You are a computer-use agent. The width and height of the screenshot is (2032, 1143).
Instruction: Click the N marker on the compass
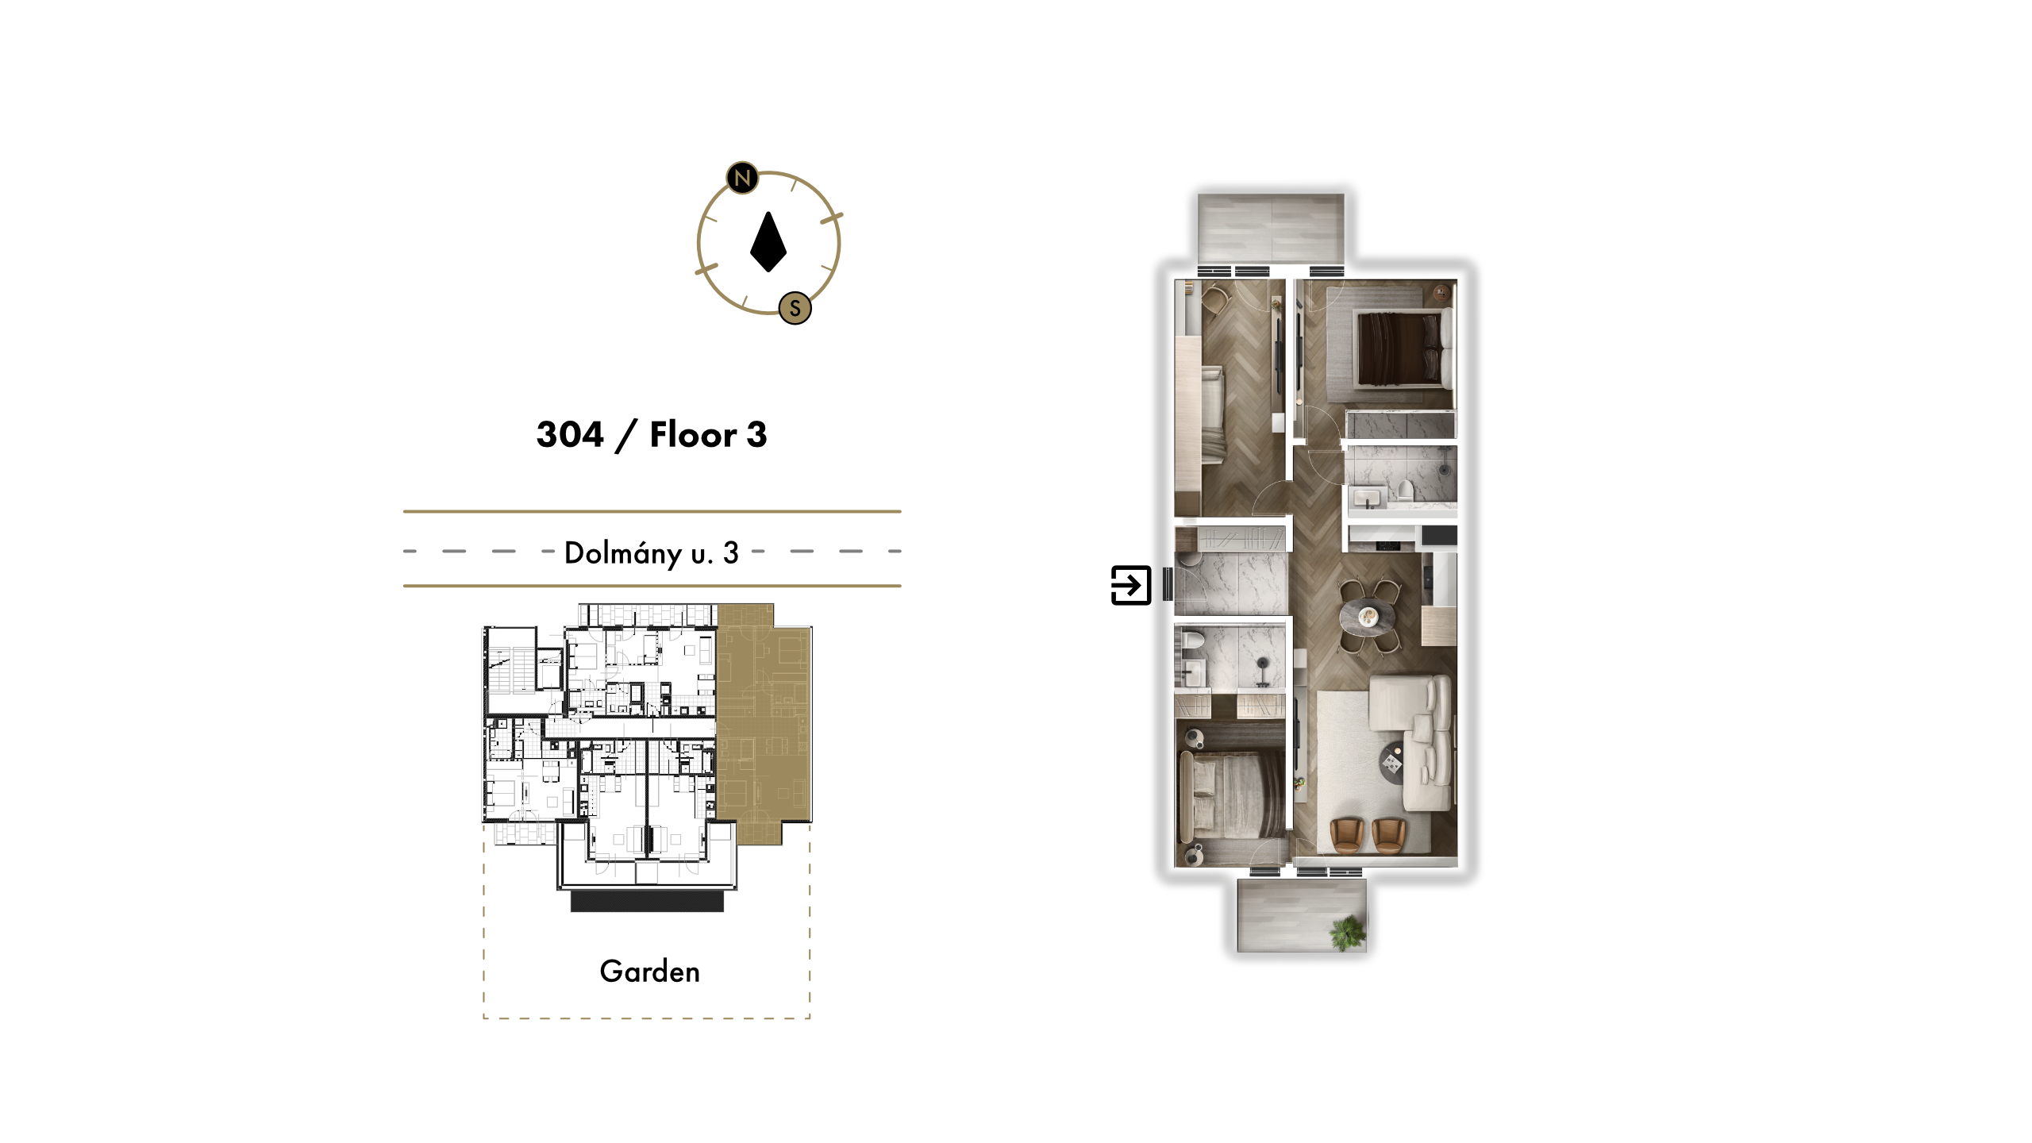point(742,178)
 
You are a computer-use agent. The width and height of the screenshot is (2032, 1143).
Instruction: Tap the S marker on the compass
point(795,308)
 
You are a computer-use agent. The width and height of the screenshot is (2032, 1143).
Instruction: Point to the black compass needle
point(768,242)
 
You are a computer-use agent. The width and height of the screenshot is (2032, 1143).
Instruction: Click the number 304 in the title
point(570,434)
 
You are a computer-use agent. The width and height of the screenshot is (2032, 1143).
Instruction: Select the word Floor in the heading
point(694,434)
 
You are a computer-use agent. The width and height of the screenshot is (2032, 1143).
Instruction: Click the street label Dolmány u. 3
point(652,552)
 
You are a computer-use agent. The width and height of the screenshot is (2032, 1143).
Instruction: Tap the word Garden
point(650,972)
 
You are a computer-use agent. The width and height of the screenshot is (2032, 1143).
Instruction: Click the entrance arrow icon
point(1131,585)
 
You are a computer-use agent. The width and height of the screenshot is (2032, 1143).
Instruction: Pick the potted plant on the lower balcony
point(1348,931)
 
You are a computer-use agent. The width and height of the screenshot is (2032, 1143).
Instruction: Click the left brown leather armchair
point(1346,835)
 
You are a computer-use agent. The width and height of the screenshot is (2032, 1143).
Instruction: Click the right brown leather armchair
point(1389,835)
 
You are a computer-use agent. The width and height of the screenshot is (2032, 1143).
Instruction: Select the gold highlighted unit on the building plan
point(763,722)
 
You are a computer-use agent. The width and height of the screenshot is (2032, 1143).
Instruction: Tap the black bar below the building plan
point(647,901)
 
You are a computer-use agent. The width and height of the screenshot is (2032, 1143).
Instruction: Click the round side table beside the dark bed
point(1441,294)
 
